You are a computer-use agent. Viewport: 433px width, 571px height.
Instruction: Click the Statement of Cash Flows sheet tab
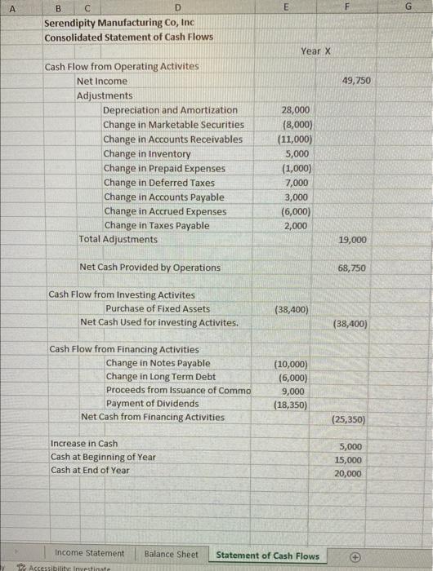click(x=267, y=556)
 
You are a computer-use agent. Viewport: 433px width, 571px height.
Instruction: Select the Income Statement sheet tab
click(x=90, y=554)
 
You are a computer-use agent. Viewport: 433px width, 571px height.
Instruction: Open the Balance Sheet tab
click(x=171, y=555)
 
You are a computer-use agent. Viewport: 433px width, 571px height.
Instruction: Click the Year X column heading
click(x=315, y=51)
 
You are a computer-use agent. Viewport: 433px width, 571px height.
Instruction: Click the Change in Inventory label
click(x=147, y=153)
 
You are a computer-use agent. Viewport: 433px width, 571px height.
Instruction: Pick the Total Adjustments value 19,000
click(x=352, y=240)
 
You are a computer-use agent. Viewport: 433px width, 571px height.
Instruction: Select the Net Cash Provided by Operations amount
click(x=352, y=268)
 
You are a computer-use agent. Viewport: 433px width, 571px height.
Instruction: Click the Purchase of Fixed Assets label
click(x=158, y=308)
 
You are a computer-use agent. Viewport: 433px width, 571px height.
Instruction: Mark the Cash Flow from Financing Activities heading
click(x=124, y=349)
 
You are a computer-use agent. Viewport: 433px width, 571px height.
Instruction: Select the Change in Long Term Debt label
click(x=161, y=377)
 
